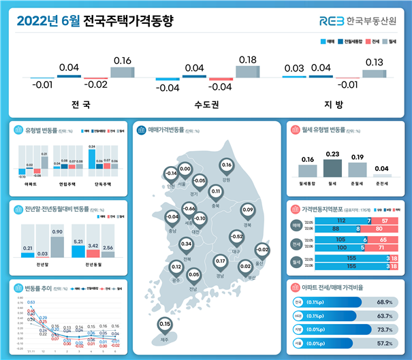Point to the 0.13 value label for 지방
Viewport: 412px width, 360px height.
(x=374, y=63)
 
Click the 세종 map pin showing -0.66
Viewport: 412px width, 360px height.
(x=189, y=208)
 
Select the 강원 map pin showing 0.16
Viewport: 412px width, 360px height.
(x=227, y=165)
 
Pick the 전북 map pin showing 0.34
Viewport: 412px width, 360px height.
(x=185, y=244)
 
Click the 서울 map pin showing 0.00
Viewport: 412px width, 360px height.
(x=185, y=169)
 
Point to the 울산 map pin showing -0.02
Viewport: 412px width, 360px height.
(x=259, y=250)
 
